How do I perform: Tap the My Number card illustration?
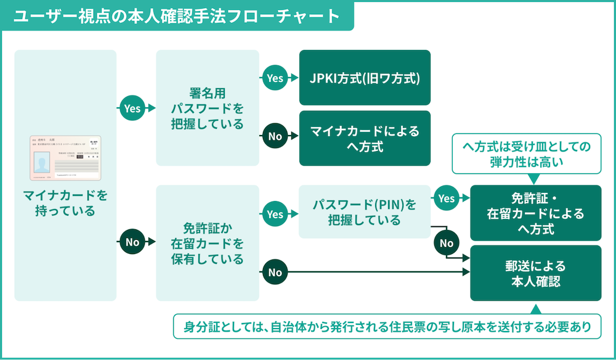(65, 158)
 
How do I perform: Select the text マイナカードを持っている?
(65, 203)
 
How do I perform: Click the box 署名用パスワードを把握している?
(208, 108)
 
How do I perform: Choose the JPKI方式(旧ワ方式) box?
(365, 78)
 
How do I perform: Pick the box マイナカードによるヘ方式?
(365, 138)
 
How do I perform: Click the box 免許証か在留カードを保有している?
(208, 242)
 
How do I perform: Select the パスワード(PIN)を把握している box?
(365, 211)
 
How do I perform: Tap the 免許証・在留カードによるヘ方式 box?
(535, 213)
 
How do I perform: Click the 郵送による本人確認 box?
(535, 273)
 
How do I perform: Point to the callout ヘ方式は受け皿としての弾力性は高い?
(526, 154)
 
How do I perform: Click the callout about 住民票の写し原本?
(387, 325)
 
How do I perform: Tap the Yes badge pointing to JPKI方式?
(275, 78)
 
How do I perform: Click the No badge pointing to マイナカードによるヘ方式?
(275, 136)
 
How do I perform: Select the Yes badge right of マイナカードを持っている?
(132, 108)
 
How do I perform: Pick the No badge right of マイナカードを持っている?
(132, 242)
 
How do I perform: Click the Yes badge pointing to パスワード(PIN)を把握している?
(275, 214)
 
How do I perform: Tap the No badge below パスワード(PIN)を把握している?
(447, 243)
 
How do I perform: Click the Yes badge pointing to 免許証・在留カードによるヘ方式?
(447, 198)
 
